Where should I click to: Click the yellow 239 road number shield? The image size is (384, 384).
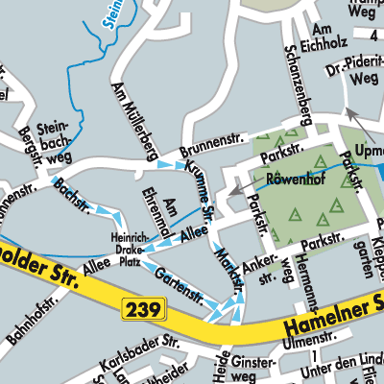[x=145, y=309]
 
